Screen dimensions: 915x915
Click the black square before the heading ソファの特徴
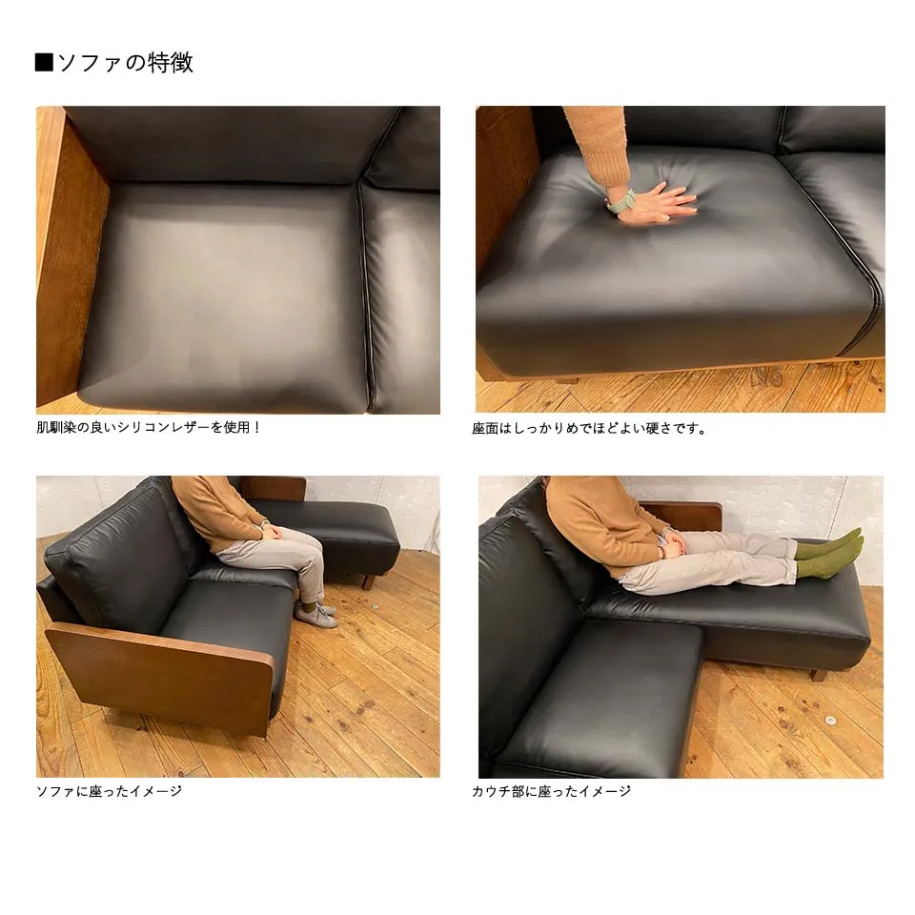(x=44, y=62)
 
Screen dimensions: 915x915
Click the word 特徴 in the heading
(x=170, y=63)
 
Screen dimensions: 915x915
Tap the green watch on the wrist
(x=620, y=201)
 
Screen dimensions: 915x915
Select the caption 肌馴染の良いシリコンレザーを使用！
(x=148, y=427)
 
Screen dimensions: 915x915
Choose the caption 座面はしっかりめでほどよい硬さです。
(x=589, y=428)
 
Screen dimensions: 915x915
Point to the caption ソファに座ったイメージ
(x=109, y=791)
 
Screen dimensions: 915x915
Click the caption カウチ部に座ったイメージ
(x=552, y=791)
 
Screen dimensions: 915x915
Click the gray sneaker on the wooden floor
(x=315, y=615)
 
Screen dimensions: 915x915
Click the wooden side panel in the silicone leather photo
(x=70, y=256)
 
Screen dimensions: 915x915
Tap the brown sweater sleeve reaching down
(x=599, y=145)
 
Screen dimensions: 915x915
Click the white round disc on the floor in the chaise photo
(x=830, y=721)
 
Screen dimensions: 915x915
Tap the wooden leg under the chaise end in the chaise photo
(x=818, y=676)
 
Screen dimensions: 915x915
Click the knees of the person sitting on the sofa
(x=308, y=545)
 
